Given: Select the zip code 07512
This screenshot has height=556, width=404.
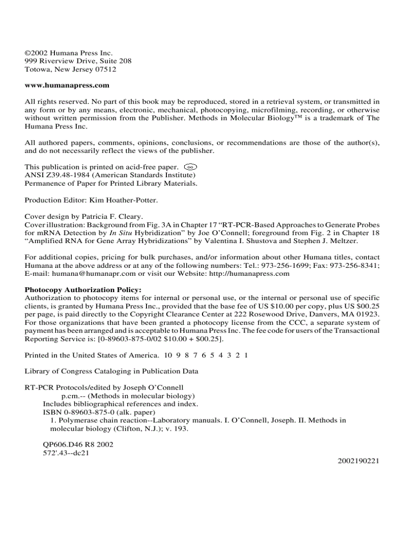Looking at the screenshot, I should (106, 69).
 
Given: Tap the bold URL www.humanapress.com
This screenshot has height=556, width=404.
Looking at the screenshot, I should (67, 85).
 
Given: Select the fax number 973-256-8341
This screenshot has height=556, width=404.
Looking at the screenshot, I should (355, 265).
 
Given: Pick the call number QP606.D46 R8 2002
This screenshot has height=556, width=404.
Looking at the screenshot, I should (78, 445).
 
